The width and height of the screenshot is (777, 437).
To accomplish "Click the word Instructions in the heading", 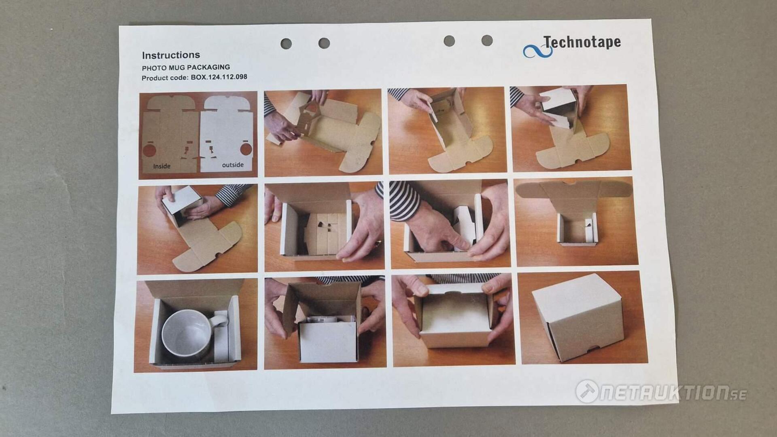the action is pos(171,55).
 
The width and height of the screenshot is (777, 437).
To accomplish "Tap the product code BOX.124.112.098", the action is pos(219,77).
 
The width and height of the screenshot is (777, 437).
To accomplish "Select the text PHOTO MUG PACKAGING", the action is pos(186,67).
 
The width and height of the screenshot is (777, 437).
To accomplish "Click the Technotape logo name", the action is pos(582,42).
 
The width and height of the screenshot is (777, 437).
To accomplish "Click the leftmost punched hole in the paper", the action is pos(286,44).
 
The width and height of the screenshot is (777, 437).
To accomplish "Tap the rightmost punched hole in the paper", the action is pos(487,40).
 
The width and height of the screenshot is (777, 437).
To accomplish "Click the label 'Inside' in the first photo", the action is pos(161,166).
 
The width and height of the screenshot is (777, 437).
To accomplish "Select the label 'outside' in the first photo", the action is pos(233,165).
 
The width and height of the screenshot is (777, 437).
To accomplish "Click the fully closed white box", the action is pos(578,317).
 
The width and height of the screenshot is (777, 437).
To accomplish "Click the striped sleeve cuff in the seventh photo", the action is pos(403,201).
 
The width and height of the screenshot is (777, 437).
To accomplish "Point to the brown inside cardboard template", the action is pos(170,135).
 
